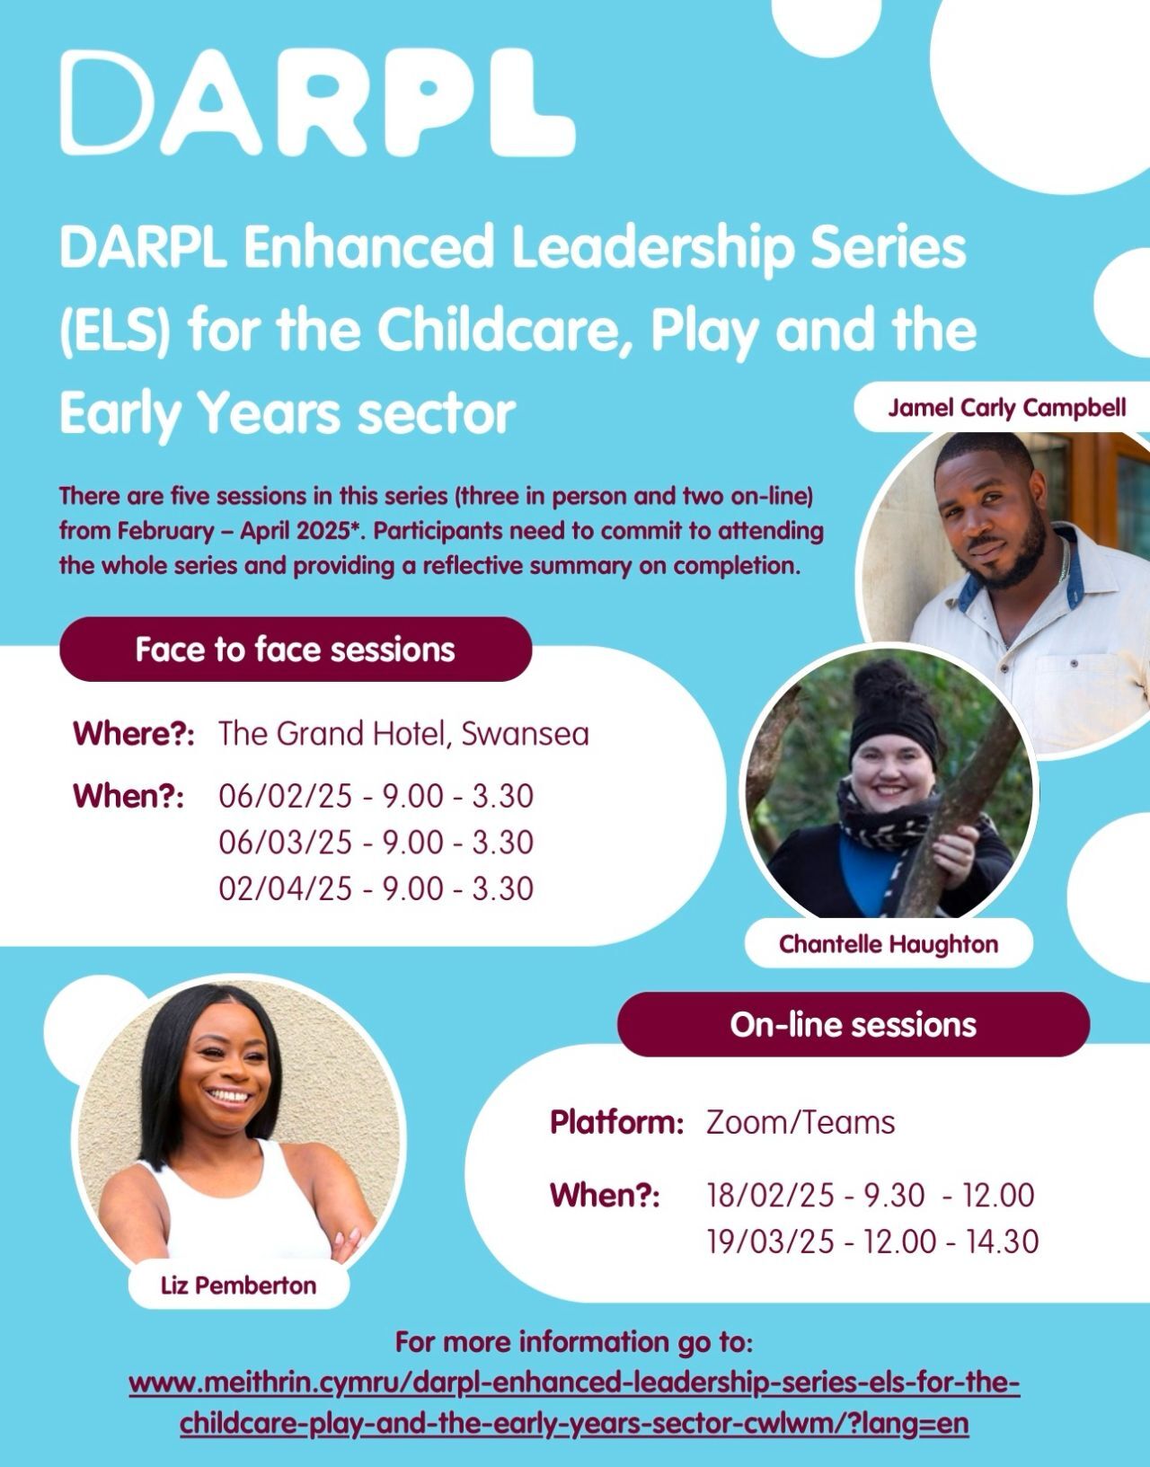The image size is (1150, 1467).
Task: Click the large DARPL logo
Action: click(x=317, y=102)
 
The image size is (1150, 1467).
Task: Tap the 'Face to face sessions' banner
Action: click(x=296, y=649)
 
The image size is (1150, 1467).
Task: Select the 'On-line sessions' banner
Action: click(x=853, y=1024)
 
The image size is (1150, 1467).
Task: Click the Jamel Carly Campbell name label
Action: click(x=1006, y=407)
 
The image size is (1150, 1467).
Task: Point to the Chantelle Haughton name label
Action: click(x=889, y=944)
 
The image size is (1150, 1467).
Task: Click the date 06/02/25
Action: click(x=286, y=796)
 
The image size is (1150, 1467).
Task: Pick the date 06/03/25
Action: click(x=286, y=842)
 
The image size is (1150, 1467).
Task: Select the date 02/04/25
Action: click(x=286, y=888)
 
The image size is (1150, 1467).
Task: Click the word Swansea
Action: click(x=525, y=734)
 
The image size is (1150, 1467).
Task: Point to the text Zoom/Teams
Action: click(x=801, y=1123)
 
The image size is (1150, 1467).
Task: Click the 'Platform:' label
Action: click(x=617, y=1122)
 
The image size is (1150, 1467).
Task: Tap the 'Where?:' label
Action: click(x=134, y=734)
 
